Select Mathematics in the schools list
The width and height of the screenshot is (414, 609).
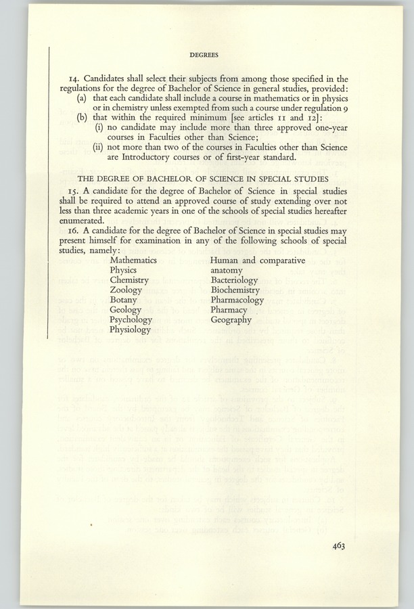(133, 259)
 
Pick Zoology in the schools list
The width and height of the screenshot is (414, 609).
(126, 290)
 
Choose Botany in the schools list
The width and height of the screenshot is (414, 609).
(123, 300)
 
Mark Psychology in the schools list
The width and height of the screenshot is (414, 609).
(130, 320)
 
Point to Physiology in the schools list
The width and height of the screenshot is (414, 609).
(130, 330)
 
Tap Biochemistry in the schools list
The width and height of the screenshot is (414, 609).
(235, 290)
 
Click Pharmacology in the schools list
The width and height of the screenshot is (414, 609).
(237, 300)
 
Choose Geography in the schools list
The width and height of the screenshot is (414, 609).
(231, 320)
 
